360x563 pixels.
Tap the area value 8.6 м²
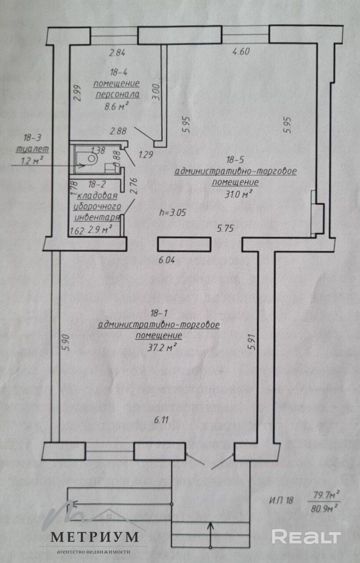pos(116,106)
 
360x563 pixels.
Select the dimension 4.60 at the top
pos(240,51)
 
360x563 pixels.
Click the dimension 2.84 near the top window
pos(117,53)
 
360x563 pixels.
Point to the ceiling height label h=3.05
pos(174,212)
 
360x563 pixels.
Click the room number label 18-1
pos(159,314)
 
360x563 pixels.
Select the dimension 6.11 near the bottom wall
pos(162,419)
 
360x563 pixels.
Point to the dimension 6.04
pos(167,260)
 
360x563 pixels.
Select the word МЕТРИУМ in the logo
pos(95,537)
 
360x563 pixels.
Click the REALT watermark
pos(306,536)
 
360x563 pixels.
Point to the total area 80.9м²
pos(325,509)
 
